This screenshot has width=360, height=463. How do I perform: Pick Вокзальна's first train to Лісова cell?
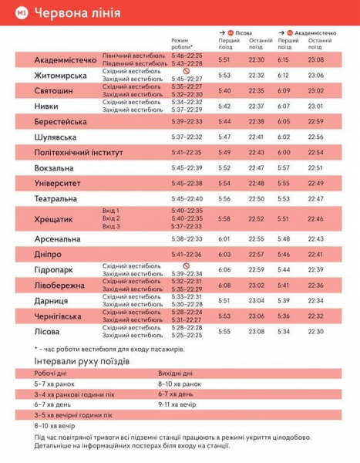click(x=224, y=167)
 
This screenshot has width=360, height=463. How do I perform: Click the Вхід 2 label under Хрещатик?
click(x=112, y=218)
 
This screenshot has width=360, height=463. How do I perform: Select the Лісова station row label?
click(x=49, y=331)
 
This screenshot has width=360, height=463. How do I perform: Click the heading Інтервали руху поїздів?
click(x=86, y=361)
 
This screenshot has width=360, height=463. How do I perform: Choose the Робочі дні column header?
click(x=53, y=373)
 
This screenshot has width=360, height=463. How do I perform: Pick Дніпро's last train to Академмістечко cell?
click(x=315, y=254)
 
